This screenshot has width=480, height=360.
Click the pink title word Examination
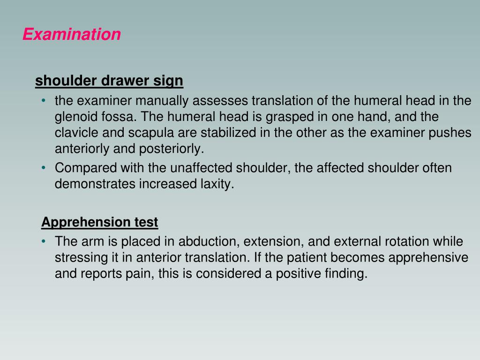click(x=72, y=34)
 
